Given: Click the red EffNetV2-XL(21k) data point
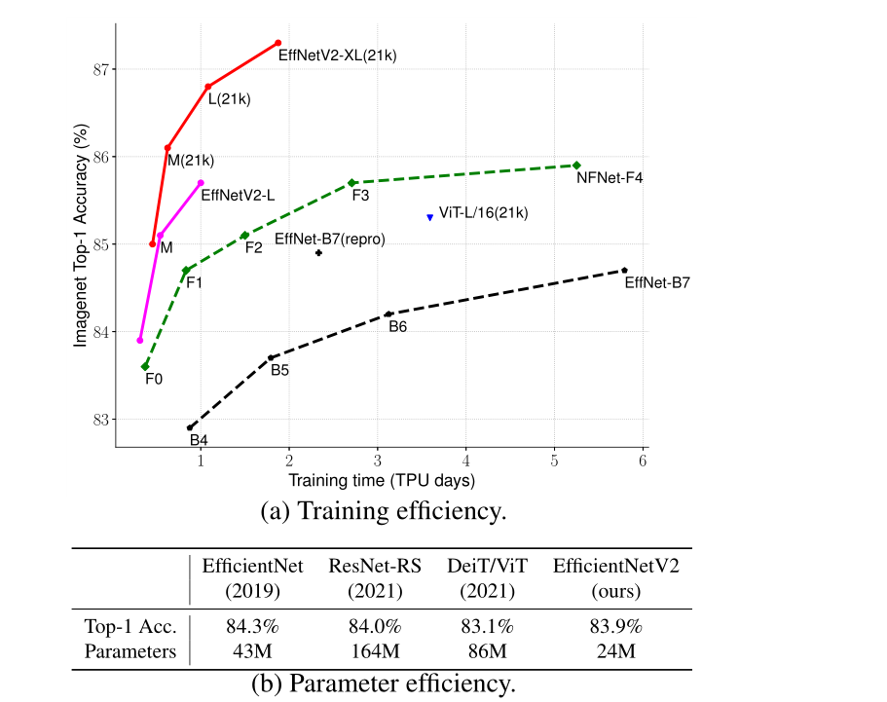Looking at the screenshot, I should point(278,43).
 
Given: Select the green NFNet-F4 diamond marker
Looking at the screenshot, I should point(576,166).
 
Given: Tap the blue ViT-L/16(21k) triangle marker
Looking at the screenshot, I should point(429,217).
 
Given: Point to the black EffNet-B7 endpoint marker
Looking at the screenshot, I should point(624,271).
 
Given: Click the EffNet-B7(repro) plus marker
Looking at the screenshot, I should point(318,253).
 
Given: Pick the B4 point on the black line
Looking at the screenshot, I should point(190,427).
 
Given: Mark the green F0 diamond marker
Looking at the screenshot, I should point(145,366).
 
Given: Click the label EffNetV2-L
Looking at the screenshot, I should point(237,195).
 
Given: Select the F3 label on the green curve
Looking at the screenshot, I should point(360,196).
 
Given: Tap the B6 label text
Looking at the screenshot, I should point(397,327).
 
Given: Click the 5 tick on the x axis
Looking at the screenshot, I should point(554,460).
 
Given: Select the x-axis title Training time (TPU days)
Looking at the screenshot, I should point(381,480).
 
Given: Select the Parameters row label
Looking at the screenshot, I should point(130,651).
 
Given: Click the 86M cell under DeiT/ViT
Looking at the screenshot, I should point(495,651).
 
